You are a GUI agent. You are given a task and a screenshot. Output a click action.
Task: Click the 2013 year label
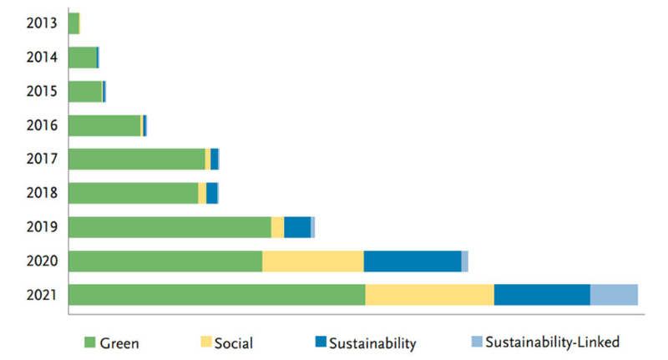41,23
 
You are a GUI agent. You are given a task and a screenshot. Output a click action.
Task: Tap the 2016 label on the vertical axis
41,125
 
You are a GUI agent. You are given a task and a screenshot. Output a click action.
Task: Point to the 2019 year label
41,226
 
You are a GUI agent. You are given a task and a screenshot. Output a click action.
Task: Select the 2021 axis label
41,295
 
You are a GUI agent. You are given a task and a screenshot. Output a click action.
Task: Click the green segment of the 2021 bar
217,295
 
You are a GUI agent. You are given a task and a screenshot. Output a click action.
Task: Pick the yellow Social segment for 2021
429,295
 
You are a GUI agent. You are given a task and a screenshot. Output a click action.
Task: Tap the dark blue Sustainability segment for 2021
542,295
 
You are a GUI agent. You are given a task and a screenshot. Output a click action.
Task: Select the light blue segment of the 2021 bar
614,295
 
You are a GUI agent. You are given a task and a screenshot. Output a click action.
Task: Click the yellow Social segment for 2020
312,261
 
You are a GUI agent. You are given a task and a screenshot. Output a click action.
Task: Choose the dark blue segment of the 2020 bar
412,261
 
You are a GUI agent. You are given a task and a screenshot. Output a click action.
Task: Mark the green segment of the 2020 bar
165,261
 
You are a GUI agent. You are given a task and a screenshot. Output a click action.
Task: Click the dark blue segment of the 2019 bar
297,227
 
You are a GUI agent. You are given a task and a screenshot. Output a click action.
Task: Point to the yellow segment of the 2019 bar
278,227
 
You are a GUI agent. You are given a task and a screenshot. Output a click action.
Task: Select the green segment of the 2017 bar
137,159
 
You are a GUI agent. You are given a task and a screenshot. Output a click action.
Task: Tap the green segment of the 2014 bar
83,58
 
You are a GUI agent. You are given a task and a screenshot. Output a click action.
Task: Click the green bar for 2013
73,23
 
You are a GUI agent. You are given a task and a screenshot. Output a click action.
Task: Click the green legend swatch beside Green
90,342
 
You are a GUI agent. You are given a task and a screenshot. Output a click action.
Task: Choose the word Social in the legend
234,343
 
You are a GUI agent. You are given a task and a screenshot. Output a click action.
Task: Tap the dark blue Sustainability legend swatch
321,342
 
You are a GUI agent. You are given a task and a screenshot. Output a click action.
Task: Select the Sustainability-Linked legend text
553,342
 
